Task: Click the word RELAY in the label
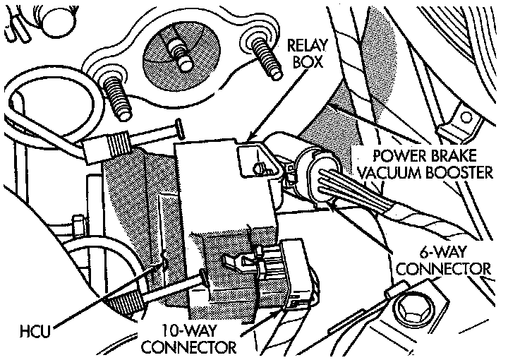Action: pyautogui.click(x=307, y=46)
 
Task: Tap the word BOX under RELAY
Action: pyautogui.click(x=308, y=61)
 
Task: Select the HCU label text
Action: pyautogui.click(x=35, y=331)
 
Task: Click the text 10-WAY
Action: pyautogui.click(x=189, y=331)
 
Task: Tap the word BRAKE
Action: pyautogui.click(x=454, y=155)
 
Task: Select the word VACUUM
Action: pyautogui.click(x=389, y=172)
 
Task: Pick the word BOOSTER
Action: pyautogui.click(x=459, y=172)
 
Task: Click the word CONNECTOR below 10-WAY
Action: pyautogui.click(x=189, y=347)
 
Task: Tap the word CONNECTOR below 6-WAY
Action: pyautogui.click(x=444, y=269)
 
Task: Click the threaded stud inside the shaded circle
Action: pyautogui.click(x=179, y=54)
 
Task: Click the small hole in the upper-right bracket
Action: pyautogui.click(x=466, y=117)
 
